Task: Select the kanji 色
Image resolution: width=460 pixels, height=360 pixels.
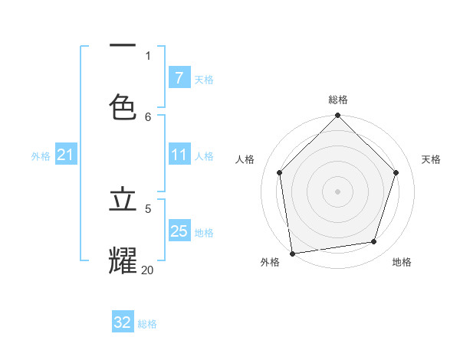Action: (x=123, y=107)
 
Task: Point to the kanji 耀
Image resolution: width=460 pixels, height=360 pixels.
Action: (x=123, y=260)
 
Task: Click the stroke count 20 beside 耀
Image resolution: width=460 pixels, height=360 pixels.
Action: (x=147, y=270)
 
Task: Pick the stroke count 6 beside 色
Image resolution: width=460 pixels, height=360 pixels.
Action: (x=148, y=116)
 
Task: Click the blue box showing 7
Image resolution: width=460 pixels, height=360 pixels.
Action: (x=179, y=78)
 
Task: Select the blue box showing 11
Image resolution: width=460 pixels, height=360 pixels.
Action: (x=179, y=155)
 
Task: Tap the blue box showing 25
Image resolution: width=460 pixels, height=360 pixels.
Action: (x=179, y=231)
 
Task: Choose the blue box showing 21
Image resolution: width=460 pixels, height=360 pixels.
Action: (x=65, y=155)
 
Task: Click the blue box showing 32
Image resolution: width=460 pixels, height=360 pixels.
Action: (x=123, y=322)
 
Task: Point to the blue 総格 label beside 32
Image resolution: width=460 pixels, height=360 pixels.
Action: (x=147, y=324)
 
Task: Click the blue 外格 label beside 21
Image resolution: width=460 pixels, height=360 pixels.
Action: (x=41, y=156)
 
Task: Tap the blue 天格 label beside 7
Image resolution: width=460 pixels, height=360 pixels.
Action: (x=204, y=80)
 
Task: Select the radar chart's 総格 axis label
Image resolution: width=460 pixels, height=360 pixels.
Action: (x=338, y=100)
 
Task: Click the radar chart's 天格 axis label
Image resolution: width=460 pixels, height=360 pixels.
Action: (x=431, y=159)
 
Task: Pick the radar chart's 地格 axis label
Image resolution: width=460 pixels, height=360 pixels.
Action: (x=402, y=262)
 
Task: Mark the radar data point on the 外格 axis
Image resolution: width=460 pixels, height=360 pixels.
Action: (x=292, y=253)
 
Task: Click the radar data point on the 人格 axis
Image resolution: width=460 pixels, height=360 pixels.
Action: (x=279, y=172)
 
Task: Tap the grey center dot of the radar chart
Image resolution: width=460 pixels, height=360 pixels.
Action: (x=337, y=191)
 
